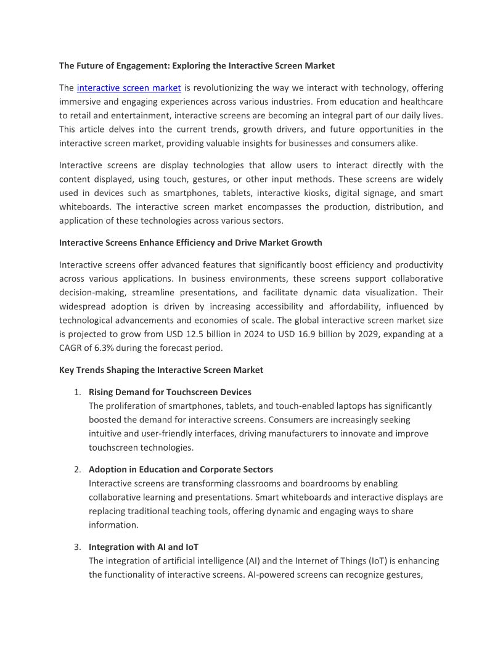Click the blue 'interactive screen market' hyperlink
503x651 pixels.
(129, 88)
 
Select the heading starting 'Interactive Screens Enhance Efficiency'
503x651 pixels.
(190, 243)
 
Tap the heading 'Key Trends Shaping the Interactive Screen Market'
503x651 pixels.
(161, 370)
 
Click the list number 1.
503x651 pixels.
(78, 392)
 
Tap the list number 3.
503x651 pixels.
(78, 547)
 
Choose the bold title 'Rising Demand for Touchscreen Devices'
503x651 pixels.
(170, 392)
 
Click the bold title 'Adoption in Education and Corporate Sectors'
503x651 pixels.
(181, 470)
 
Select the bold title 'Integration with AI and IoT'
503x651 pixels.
(144, 547)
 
